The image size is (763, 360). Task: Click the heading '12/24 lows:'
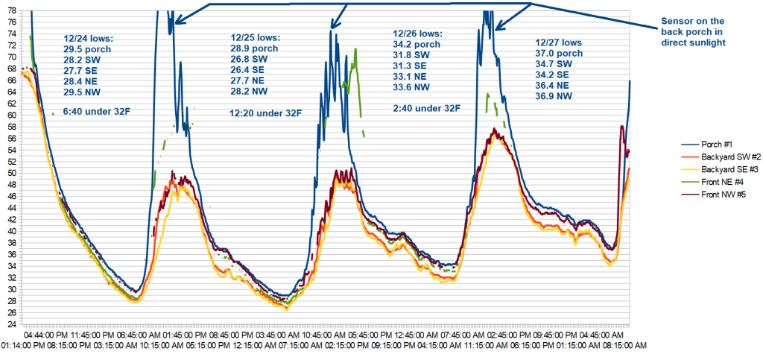click(89, 38)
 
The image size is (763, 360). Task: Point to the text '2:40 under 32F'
click(426, 108)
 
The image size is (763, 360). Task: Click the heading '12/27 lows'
click(560, 42)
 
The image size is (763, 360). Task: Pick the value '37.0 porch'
click(560, 53)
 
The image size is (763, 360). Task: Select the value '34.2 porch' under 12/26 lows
click(417, 45)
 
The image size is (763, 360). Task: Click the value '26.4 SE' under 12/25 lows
click(251, 69)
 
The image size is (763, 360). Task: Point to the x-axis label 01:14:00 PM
click(26, 346)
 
